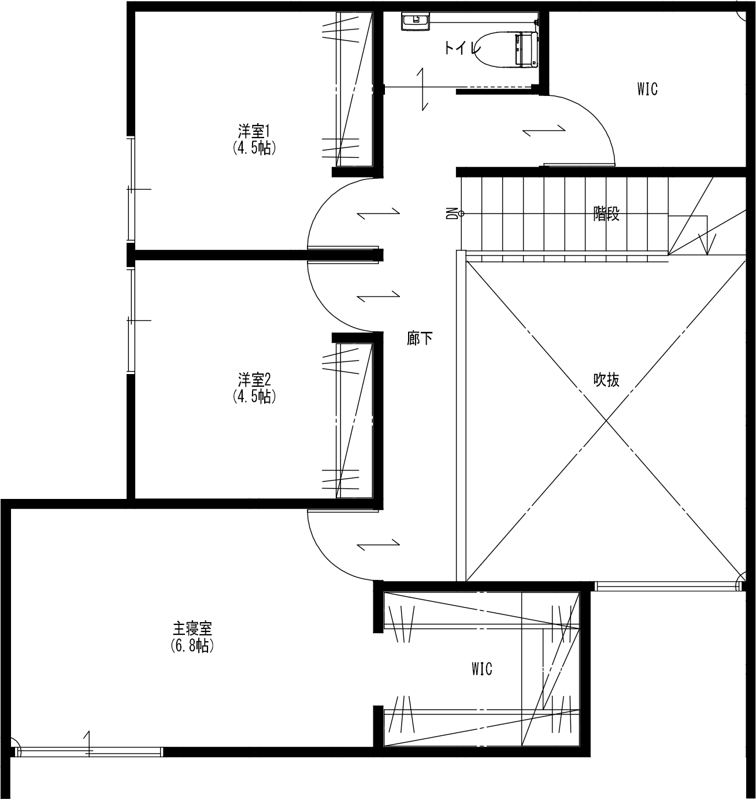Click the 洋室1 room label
254,131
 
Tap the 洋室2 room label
254,380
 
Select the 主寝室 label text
192,628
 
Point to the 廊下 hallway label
420,339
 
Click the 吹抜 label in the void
606,380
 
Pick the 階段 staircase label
606,214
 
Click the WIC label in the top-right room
647,90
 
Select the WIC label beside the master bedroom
481,669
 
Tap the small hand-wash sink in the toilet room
415,23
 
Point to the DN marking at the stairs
452,214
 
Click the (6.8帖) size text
192,646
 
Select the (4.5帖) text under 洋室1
254,148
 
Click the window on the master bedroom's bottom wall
90,752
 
